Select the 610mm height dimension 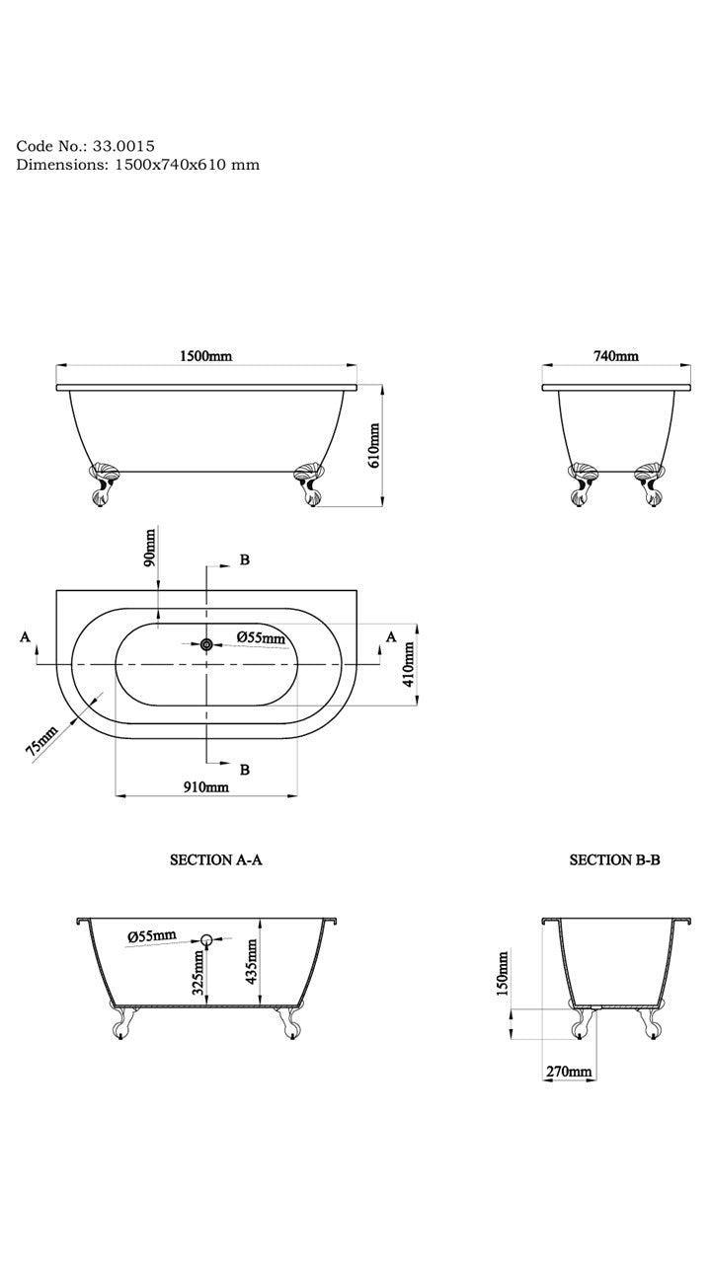[374, 446]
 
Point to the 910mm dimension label [207, 786]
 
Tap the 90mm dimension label [149, 546]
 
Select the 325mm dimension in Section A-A [198, 972]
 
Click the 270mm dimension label [567, 1072]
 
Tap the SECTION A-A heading [216, 860]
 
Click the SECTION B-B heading [614, 860]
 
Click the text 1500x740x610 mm [184, 165]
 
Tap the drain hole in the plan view [206, 644]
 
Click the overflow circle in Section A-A [207, 939]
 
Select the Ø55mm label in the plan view [261, 638]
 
